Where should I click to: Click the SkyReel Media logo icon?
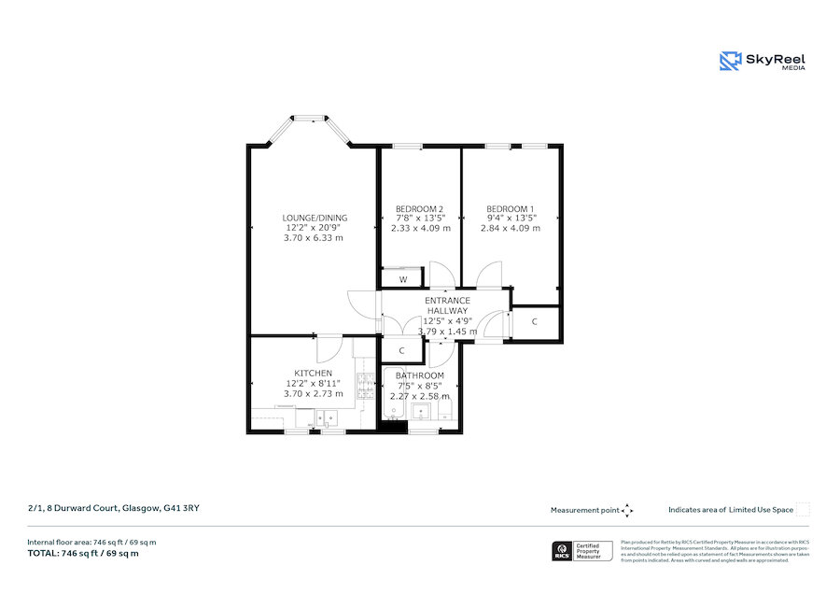pyautogui.click(x=730, y=62)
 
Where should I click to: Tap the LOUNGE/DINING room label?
pyautogui.click(x=315, y=218)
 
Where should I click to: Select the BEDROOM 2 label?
pyautogui.click(x=419, y=208)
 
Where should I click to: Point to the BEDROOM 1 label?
pyautogui.click(x=510, y=208)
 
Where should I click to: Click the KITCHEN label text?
pyautogui.click(x=313, y=374)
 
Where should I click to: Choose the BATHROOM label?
pyautogui.click(x=419, y=376)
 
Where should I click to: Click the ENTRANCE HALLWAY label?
pyautogui.click(x=447, y=305)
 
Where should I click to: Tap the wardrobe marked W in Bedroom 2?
pyautogui.click(x=403, y=278)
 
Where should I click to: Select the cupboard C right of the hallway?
pyautogui.click(x=535, y=322)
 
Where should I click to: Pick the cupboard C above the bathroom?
pyautogui.click(x=401, y=351)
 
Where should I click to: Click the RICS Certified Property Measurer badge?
pyautogui.click(x=582, y=550)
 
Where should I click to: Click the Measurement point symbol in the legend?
pyautogui.click(x=627, y=510)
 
